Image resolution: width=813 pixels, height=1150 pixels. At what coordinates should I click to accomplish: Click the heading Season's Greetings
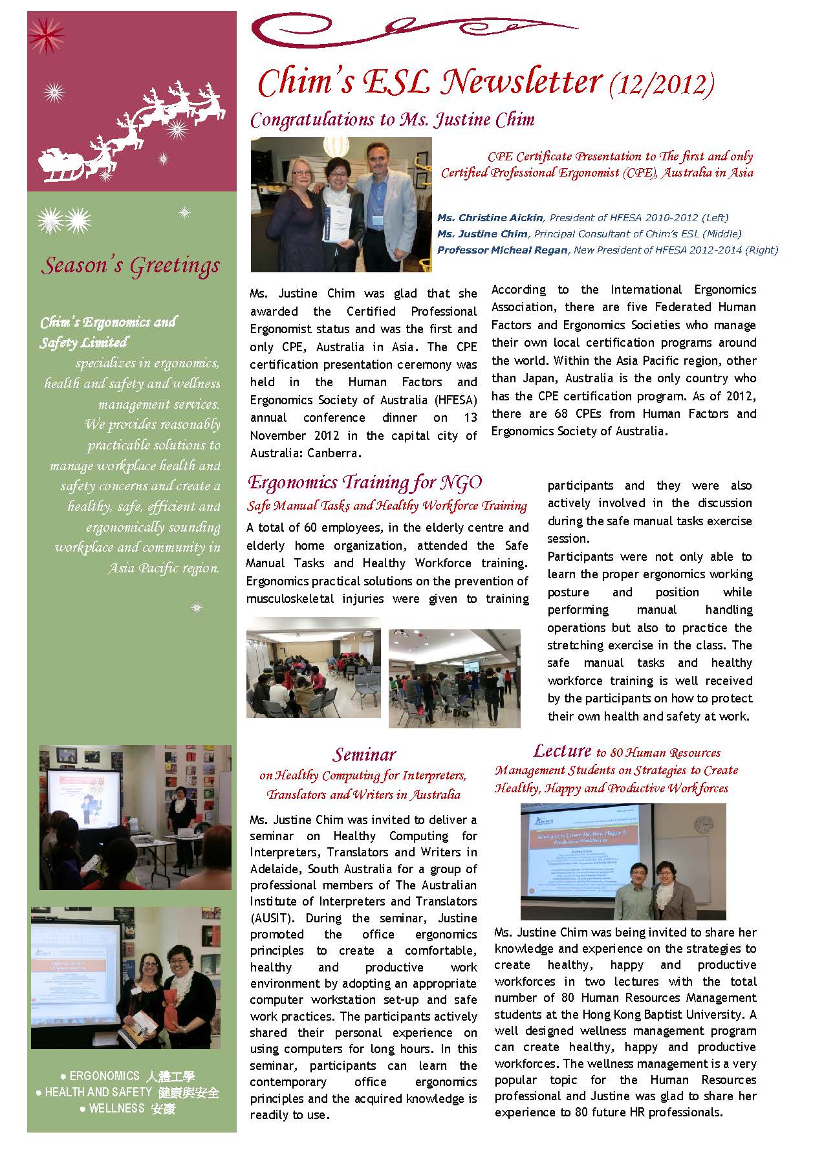tap(131, 265)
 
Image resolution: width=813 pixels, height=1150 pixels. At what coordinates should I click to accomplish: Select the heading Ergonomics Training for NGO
tap(365, 483)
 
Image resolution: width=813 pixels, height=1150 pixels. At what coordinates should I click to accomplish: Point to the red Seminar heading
tap(364, 754)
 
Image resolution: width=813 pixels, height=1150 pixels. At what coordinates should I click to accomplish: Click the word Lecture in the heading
tap(562, 751)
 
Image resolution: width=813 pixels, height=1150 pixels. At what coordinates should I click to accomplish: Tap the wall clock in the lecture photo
tap(703, 825)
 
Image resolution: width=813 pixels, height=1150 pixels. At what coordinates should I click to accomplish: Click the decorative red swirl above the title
tap(414, 27)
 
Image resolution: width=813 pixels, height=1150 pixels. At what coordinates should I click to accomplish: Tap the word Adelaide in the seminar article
tap(276, 869)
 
